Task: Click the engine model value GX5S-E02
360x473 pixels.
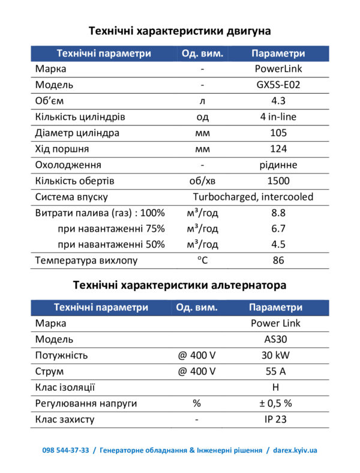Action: point(278,85)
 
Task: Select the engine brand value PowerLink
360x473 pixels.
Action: point(278,69)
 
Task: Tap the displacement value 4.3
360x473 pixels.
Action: point(278,101)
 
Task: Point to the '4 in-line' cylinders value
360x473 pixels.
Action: point(278,116)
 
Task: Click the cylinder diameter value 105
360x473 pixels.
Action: point(278,133)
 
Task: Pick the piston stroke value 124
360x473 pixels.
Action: point(278,149)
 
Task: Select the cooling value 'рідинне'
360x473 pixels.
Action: point(278,164)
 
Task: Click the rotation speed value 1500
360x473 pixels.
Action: point(278,181)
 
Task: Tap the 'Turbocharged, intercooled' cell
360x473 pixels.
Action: point(253,197)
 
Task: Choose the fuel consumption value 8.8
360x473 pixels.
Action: point(278,212)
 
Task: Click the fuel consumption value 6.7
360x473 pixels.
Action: point(278,229)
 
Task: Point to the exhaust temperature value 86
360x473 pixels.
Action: point(278,261)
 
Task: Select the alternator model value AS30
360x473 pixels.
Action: point(275,339)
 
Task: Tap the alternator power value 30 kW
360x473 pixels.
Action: point(275,355)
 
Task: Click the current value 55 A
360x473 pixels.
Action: point(275,371)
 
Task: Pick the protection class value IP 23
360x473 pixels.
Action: point(275,420)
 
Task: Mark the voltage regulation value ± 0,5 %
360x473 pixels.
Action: point(275,403)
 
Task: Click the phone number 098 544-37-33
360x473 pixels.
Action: point(65,450)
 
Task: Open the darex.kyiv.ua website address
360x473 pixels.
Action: point(295,450)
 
